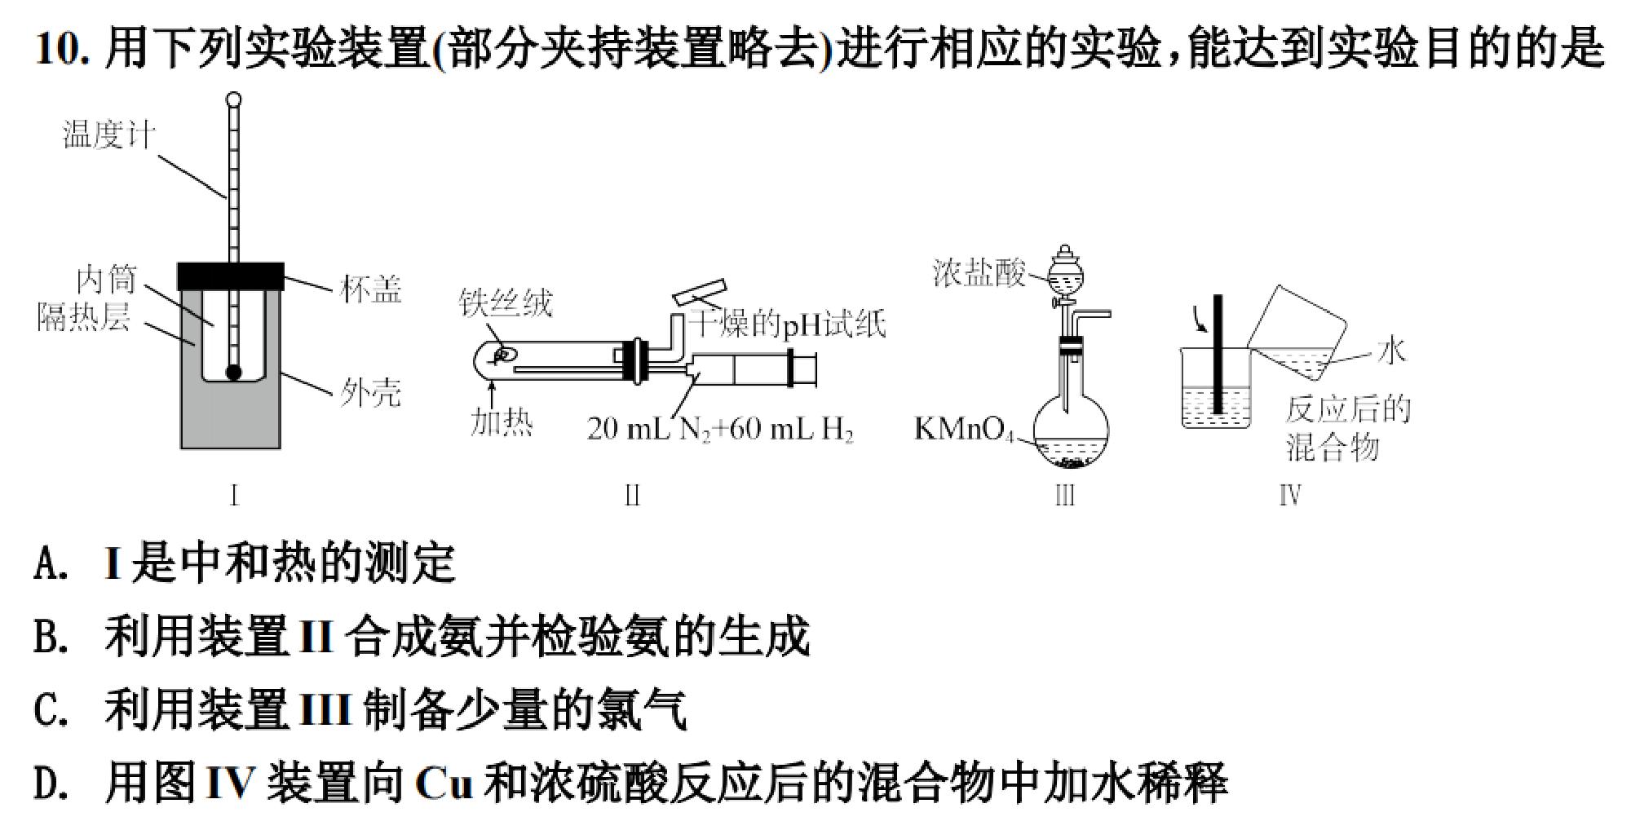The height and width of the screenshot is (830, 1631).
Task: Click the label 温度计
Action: [108, 135]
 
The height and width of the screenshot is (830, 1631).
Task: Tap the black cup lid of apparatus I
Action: [231, 276]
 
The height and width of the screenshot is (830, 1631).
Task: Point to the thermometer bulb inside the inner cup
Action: [234, 373]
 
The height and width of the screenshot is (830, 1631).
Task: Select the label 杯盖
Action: [371, 289]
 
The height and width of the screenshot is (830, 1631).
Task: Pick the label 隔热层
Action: [84, 316]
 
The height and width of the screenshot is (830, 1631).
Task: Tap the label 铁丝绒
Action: [506, 303]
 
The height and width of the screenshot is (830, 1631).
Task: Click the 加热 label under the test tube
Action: [502, 423]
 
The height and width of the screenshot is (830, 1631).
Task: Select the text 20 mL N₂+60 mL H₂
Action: [720, 429]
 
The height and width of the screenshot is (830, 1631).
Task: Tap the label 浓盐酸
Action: [979, 273]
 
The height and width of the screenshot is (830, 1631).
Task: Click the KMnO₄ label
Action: [964, 429]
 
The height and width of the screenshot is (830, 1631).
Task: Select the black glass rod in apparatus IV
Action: [1218, 354]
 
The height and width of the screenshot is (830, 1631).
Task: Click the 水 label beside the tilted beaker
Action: [1392, 350]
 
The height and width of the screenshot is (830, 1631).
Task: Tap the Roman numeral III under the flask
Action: [1065, 495]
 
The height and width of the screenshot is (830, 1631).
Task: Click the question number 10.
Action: [61, 49]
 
